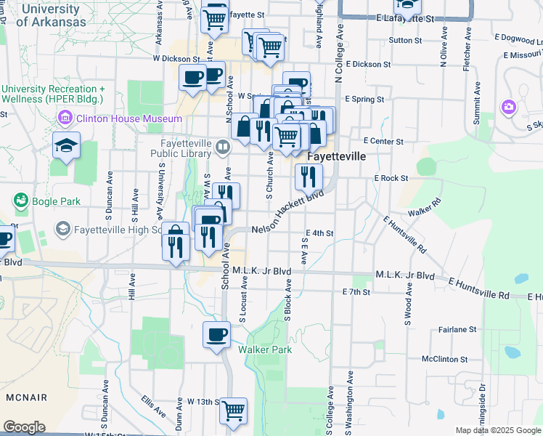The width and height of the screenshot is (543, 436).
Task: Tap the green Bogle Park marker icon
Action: coord(20,199)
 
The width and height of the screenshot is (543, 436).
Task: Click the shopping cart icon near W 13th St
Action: coord(234,411)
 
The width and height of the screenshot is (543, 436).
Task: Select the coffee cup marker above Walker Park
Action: coord(216,335)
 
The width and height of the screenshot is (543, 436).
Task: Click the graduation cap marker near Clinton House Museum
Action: coord(66,145)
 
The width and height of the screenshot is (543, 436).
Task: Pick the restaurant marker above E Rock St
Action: coord(309,176)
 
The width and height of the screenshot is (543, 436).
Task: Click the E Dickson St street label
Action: coord(368,65)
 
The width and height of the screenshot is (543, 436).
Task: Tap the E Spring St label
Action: coord(364,98)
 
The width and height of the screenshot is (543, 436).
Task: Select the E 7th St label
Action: coord(356,291)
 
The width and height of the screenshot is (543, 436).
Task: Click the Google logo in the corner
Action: coord(24,427)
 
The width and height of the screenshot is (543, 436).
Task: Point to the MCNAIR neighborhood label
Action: coord(26,397)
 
